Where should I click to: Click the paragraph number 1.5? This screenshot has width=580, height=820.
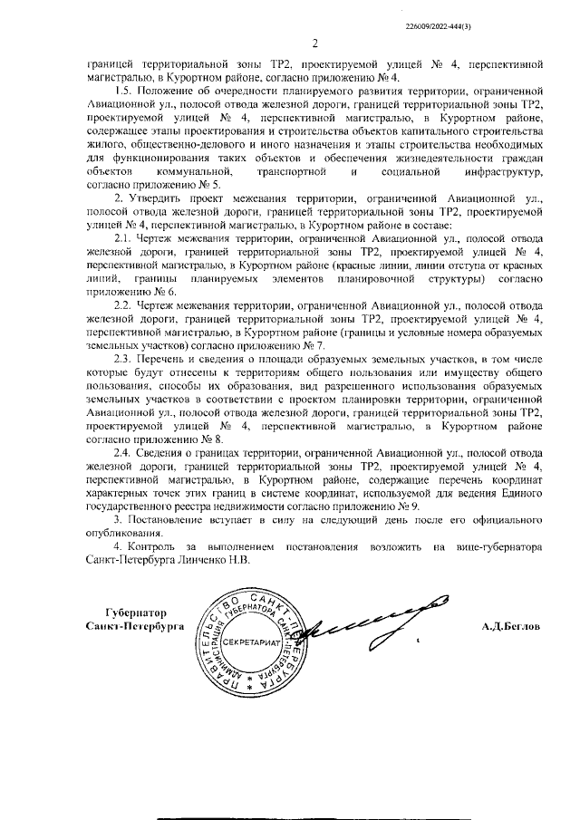tap(125, 92)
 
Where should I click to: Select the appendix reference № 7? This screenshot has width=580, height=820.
tap(314, 345)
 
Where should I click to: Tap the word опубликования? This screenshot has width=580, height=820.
tap(125, 534)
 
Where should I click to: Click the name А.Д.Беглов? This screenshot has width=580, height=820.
tap(510, 626)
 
